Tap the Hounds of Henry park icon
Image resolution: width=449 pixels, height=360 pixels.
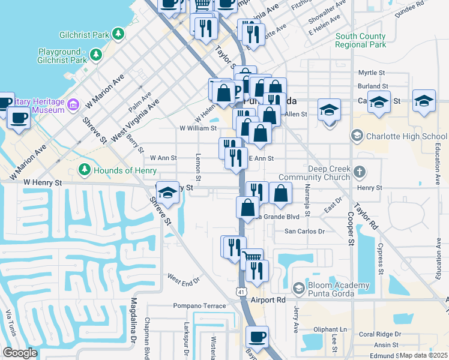pos(84,170)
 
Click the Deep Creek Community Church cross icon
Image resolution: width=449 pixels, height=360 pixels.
pos(360,173)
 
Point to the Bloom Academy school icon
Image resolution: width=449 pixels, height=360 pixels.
pos(298,288)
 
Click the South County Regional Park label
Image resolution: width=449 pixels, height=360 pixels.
pos(361,40)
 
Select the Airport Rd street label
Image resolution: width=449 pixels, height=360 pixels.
pos(268,299)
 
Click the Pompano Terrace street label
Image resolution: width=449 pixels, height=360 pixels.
pos(199,305)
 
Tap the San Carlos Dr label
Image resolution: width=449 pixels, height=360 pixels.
pos(304,230)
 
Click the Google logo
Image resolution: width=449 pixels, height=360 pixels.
pos(20,353)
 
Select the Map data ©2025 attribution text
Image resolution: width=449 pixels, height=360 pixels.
pos(423,355)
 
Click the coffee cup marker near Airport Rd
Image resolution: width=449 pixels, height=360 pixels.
pos(258,338)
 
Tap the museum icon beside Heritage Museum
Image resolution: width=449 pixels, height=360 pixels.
pos(73,106)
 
